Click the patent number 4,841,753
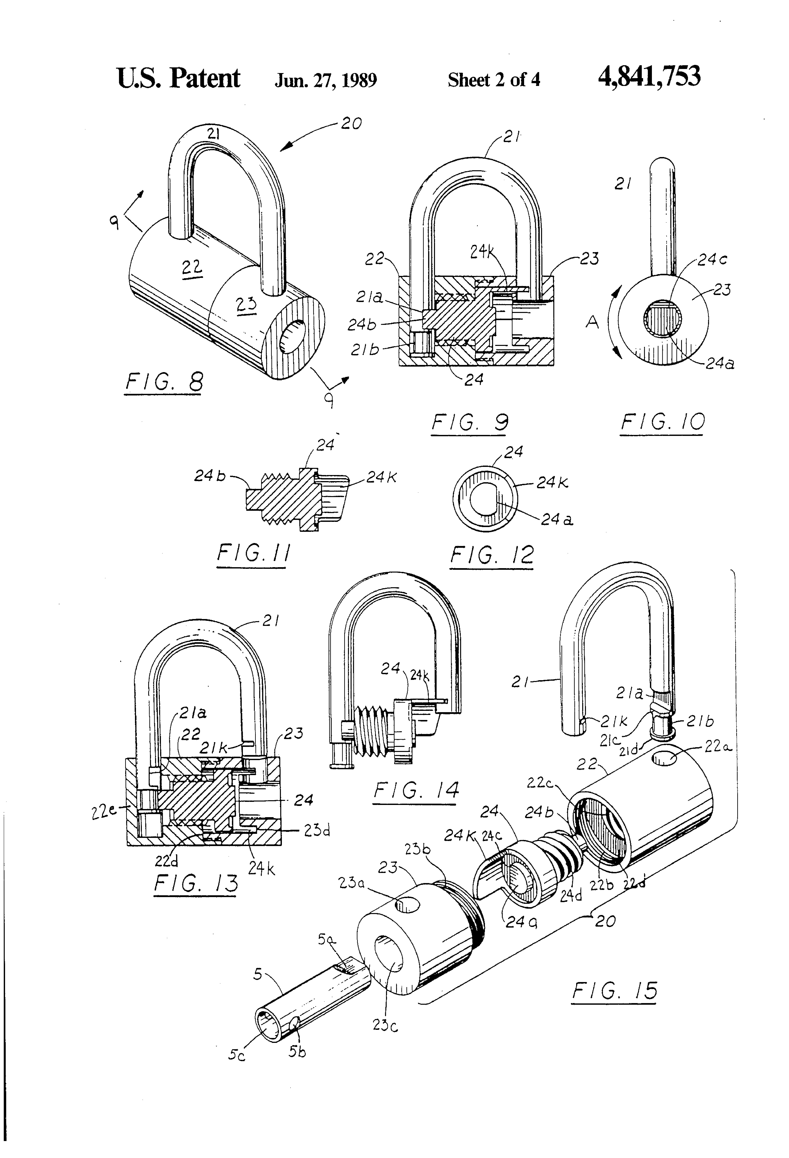(649, 77)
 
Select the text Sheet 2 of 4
(494, 80)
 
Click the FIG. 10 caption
(662, 423)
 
